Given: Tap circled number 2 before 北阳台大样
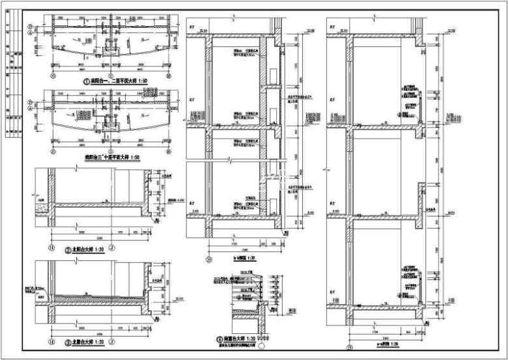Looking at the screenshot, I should pos(67,249).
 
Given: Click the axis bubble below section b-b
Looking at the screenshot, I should pos(208,258).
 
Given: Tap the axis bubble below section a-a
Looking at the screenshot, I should pos(349,347).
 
